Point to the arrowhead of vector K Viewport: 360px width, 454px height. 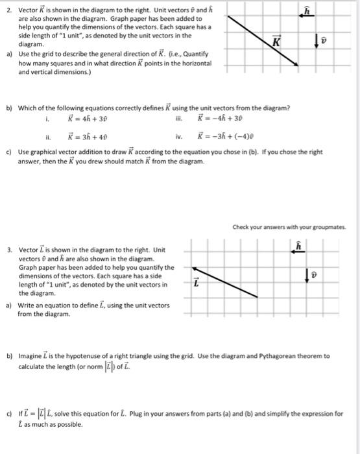[296, 65]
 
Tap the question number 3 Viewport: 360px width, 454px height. [6, 249]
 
